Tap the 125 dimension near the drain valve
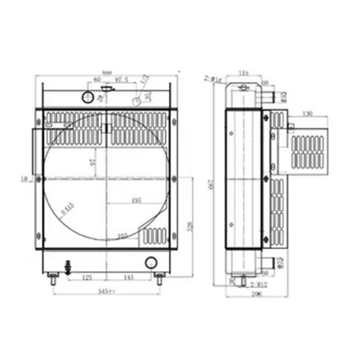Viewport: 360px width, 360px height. point(88,278)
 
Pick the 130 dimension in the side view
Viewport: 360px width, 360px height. point(308,113)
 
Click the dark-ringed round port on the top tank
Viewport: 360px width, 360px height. point(87,97)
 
